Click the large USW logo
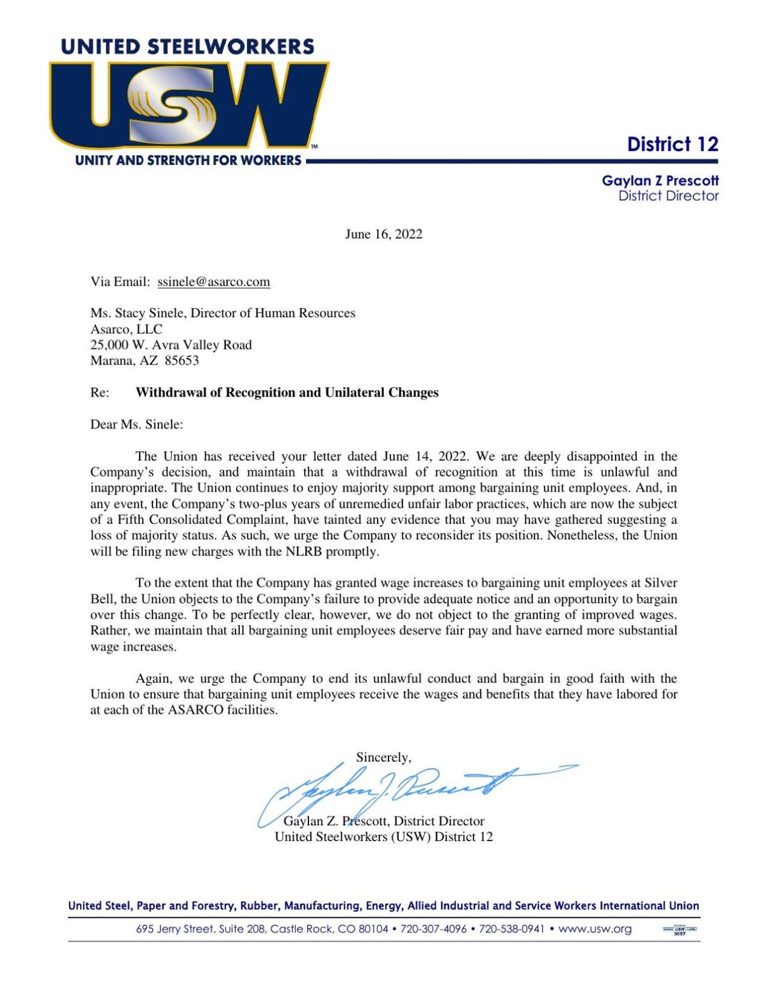pyautogui.click(x=189, y=106)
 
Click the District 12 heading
pyautogui.click(x=672, y=145)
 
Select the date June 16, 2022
pyautogui.click(x=383, y=234)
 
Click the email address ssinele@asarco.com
pyautogui.click(x=214, y=282)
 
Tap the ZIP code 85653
pyautogui.click(x=182, y=361)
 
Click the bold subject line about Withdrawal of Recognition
pyautogui.click(x=287, y=393)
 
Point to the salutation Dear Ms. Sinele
pyautogui.click(x=136, y=425)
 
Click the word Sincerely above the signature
pyautogui.click(x=383, y=757)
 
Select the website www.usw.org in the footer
pyautogui.click(x=595, y=929)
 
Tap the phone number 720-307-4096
pyautogui.click(x=433, y=929)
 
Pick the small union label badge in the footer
pyautogui.click(x=679, y=930)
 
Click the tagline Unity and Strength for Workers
pyautogui.click(x=188, y=161)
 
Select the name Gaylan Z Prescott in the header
pyautogui.click(x=660, y=181)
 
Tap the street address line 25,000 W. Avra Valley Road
pyautogui.click(x=171, y=345)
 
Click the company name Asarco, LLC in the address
pyautogui.click(x=126, y=329)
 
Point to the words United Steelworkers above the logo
pyautogui.click(x=188, y=47)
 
